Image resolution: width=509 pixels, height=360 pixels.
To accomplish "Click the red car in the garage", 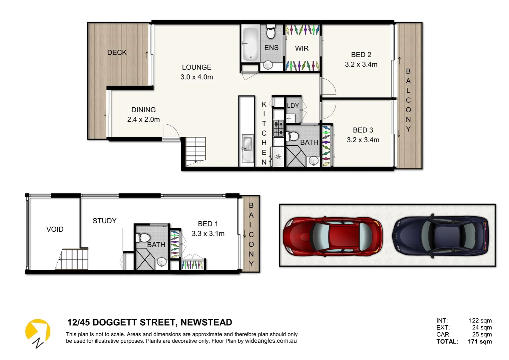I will [332, 236].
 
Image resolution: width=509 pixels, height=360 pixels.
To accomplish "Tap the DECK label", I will [117, 53].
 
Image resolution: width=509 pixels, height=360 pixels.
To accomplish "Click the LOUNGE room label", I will [197, 67].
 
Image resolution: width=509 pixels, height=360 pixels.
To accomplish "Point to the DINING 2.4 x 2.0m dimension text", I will [144, 119].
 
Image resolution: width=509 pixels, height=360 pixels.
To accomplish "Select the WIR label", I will [302, 49].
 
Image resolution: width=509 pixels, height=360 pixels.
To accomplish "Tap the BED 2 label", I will [361, 55].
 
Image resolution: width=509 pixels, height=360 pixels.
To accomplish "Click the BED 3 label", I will [363, 130].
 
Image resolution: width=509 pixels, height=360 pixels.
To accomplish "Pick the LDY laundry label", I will [293, 106].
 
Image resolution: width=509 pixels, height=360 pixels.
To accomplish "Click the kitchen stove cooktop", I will [278, 128].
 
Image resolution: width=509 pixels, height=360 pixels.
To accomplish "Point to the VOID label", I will [55, 229].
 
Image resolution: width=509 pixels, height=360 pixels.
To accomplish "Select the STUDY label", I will [105, 221].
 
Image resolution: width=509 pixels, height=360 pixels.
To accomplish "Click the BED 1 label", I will [208, 224].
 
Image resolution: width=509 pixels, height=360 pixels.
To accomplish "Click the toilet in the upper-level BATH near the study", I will [143, 238].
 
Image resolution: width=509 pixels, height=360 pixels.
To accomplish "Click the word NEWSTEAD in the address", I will [206, 323].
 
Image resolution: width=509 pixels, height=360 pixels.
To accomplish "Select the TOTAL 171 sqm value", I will [480, 342].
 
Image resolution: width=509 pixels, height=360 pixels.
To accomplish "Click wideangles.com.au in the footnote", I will [271, 341].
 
